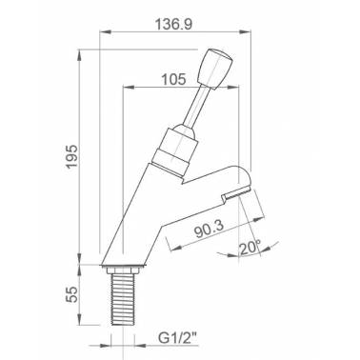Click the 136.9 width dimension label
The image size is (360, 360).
coord(173,25)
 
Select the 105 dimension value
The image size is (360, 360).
coord(173,79)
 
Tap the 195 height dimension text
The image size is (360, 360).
coord(71,156)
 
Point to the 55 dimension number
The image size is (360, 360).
coord(71,294)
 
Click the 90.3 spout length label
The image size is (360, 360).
coord(209,229)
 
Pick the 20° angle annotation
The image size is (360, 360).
coord(250,248)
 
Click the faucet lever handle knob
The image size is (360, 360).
coord(215,69)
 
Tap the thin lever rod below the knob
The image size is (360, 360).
coord(197,107)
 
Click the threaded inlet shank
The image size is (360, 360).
coord(122,299)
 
